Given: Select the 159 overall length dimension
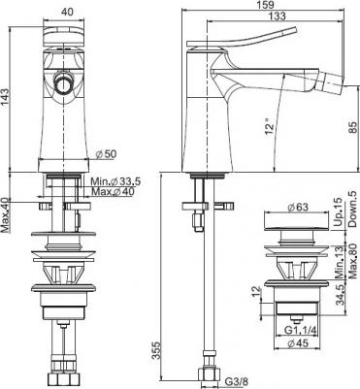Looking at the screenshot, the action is pos(266,5).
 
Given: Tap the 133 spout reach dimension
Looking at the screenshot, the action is pos(278,16).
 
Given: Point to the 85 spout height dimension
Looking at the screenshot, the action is pos(353,127).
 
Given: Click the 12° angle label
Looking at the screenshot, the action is pos(270,127).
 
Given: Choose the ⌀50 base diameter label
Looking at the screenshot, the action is pos(107,154).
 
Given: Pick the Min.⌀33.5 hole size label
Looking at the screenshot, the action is pos(115,181).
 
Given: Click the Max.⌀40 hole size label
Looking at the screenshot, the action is pos(113,191).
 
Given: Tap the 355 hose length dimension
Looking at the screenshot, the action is pos(156,350).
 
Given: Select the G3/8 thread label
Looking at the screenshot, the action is pos(237,383).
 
